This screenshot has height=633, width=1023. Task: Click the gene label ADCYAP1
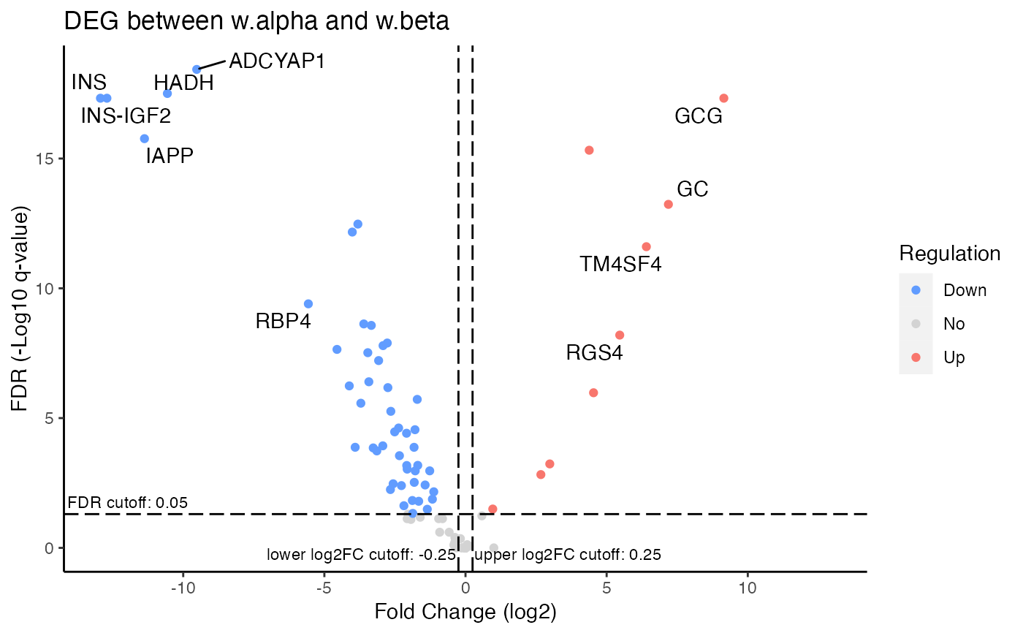[x=276, y=61]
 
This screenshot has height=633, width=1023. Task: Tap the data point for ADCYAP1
[x=197, y=69]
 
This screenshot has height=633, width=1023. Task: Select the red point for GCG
[x=723, y=99]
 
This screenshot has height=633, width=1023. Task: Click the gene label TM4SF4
[x=620, y=264]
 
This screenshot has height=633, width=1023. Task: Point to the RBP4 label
[x=283, y=321]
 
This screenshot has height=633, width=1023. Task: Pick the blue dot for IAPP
[x=145, y=139]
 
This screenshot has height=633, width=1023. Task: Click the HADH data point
[x=167, y=94]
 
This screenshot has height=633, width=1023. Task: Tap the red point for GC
[x=668, y=205]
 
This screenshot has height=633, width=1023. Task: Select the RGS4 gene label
[x=594, y=354]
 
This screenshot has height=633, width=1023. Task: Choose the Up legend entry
[x=954, y=357]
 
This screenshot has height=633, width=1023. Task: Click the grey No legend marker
[x=916, y=324]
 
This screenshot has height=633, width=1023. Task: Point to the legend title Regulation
[x=949, y=254]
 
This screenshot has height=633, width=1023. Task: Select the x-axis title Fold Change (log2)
[x=465, y=612]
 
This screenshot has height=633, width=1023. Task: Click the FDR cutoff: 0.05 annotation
[x=128, y=503]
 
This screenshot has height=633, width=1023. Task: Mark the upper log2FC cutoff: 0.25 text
[x=568, y=555]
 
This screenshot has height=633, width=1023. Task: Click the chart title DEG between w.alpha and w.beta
[x=256, y=22]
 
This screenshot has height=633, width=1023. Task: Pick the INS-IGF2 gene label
[x=126, y=115]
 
